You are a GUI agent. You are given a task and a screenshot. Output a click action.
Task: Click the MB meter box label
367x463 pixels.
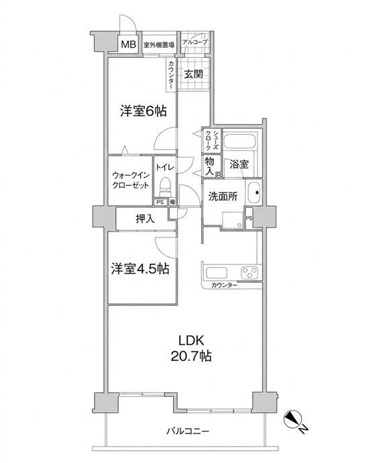point(129,44)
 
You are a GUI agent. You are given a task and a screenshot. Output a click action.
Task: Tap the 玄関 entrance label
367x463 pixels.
point(193,74)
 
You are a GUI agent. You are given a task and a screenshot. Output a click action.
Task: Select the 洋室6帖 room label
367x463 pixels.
point(143,111)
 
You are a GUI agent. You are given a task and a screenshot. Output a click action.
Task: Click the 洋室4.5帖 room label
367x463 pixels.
point(140,268)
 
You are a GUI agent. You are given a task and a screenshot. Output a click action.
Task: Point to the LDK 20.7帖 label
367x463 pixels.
point(191,348)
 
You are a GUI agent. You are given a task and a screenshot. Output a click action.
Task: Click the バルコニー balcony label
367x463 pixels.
point(188,431)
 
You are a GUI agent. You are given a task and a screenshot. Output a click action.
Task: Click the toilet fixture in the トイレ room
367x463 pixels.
point(165,187)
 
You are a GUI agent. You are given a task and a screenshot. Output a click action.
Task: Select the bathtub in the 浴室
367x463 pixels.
point(239,142)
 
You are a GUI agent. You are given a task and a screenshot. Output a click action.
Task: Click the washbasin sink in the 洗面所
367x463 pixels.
point(254,193)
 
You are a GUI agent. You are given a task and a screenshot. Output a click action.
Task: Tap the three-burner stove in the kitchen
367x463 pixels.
point(250,272)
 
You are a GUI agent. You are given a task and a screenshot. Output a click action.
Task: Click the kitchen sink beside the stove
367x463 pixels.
point(216,273)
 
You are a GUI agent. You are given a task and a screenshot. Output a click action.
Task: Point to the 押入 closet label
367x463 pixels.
point(145,219)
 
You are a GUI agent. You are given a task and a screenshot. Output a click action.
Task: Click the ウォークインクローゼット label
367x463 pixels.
point(131,181)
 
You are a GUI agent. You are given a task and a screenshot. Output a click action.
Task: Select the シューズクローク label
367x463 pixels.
point(212,140)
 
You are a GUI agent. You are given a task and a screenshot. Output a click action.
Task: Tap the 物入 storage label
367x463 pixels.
point(209,166)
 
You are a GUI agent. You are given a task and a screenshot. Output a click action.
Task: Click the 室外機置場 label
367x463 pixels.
point(159,45)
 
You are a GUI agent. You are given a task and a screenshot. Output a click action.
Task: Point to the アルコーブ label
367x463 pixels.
point(195,42)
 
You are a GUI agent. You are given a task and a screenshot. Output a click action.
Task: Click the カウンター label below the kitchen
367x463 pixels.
point(224,285)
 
